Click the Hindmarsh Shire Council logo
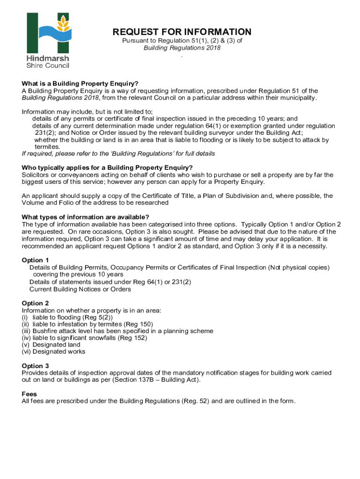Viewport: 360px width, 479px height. pyautogui.click(x=48, y=40)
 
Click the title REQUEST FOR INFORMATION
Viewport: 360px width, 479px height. pyautogui.click(x=182, y=32)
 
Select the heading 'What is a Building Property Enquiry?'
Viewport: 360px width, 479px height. pyautogui.click(x=80, y=84)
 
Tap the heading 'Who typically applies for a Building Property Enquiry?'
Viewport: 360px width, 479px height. pyautogui.click(x=107, y=168)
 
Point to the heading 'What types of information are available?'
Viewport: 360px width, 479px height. pyautogui.click(x=86, y=217)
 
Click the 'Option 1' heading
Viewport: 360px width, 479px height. pyautogui.click(x=36, y=260)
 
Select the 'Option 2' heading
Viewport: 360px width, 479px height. pyautogui.click(x=36, y=303)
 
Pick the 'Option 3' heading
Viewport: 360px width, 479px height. pyautogui.click(x=36, y=366)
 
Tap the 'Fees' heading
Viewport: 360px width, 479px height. pyautogui.click(x=29, y=394)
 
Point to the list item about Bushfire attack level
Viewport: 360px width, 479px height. pyautogui.click(x=117, y=331)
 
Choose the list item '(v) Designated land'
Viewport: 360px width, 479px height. pyautogui.click(x=51, y=345)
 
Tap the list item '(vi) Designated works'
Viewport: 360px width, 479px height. pyautogui.click(x=53, y=352)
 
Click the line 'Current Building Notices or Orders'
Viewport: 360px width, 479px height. pyautogui.click(x=80, y=289)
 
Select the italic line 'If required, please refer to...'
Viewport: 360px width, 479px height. pyautogui.click(x=118, y=153)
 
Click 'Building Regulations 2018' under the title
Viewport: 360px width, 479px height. pyautogui.click(x=182, y=48)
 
